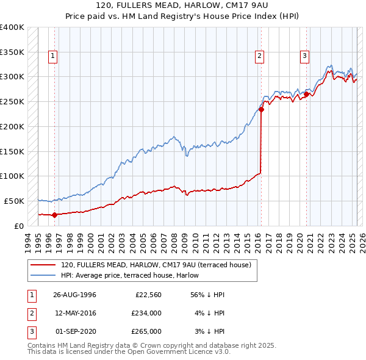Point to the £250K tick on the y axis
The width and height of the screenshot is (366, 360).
pos(12,101)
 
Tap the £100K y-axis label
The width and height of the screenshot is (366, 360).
pos(12,176)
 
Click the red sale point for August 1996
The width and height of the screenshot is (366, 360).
pos(54,215)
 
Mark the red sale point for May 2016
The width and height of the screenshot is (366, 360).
pos(261,110)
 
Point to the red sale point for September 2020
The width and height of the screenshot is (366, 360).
pos(306,94)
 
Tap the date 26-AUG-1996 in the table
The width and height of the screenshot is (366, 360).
pos(74,294)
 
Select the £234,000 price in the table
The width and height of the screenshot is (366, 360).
pos(146,313)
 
